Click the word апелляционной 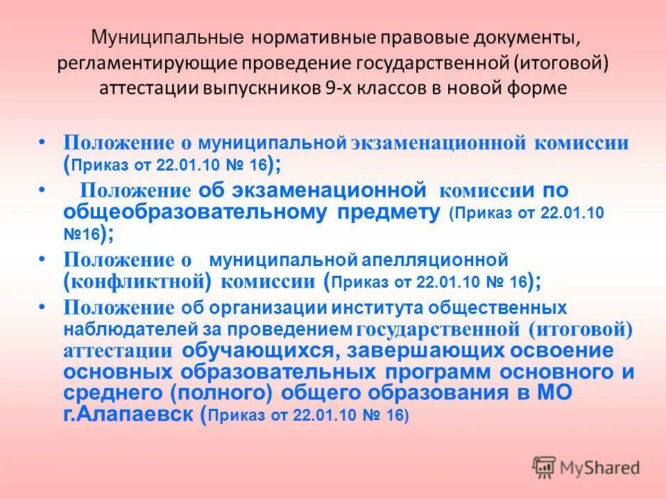click(435, 260)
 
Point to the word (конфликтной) click(137, 281)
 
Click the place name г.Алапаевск click(130, 415)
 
